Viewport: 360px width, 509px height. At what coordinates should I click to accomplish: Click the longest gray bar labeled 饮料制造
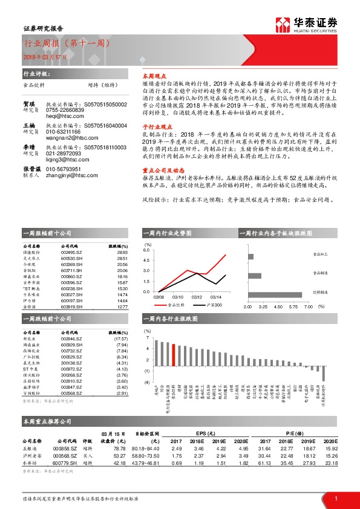pos(272,292)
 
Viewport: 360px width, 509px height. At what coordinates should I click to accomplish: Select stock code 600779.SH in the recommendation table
pos(65,464)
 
